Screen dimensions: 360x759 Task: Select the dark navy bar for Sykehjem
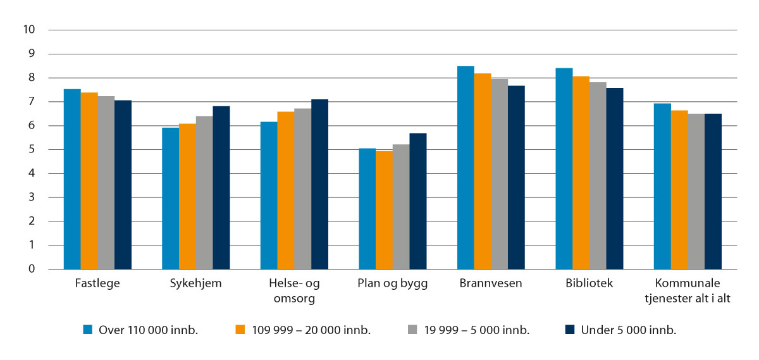[x=221, y=188]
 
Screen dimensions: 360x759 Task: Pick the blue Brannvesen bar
[x=466, y=168]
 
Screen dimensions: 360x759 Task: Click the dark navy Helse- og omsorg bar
[x=319, y=184]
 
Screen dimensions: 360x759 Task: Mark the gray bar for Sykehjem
[x=204, y=192]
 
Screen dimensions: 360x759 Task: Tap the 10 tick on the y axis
[x=28, y=30]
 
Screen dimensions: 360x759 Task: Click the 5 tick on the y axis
[x=31, y=149]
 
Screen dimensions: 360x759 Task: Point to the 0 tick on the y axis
[x=31, y=269]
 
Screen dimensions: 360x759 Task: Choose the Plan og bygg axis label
[x=392, y=283]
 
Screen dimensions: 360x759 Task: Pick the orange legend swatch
[x=240, y=330]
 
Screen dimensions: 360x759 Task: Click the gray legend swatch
[x=411, y=330]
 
